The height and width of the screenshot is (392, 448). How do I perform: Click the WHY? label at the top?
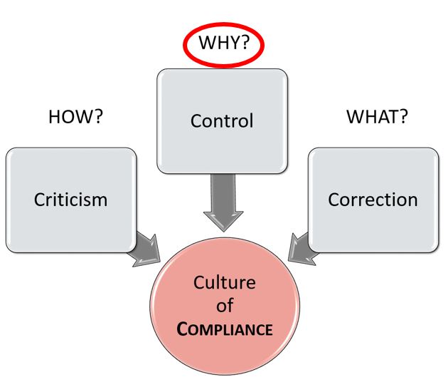point(223,44)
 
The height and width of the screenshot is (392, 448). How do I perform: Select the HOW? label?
point(75,116)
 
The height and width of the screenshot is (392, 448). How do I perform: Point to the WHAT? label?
point(377,116)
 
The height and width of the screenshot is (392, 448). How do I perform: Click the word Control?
point(222,120)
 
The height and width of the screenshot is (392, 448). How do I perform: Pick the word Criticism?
point(70,199)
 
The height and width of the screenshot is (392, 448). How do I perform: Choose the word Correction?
point(373,199)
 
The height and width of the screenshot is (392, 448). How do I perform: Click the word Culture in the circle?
point(224,282)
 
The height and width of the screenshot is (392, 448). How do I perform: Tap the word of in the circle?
point(224,306)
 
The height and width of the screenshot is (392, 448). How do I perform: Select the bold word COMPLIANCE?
point(224,330)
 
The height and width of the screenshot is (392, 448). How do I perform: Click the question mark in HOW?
point(98,116)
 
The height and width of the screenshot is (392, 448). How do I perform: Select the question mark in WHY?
point(244,44)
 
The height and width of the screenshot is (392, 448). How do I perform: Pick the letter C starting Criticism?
point(39,199)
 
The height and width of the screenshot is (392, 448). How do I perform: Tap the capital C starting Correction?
point(334,199)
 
